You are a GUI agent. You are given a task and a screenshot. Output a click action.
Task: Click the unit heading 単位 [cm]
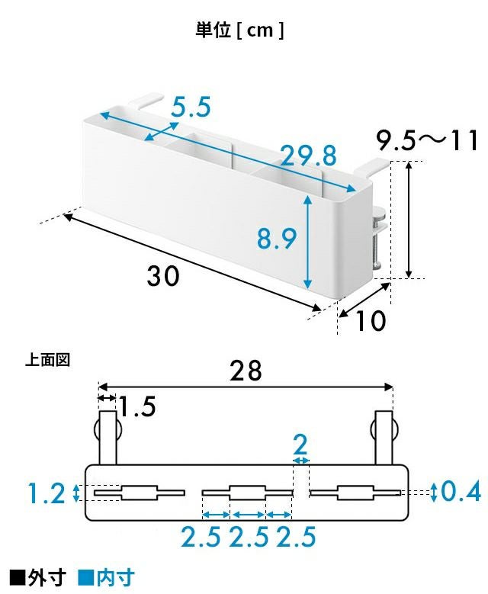click(x=239, y=30)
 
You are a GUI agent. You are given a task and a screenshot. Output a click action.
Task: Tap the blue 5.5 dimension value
click(x=191, y=107)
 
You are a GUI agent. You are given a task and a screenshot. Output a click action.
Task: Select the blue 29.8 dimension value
click(x=308, y=156)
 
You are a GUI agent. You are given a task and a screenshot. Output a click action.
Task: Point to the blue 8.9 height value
click(x=277, y=239)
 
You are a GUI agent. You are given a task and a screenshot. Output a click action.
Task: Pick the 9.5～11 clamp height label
click(x=427, y=140)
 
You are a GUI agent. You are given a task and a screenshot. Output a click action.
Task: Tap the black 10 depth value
click(x=370, y=321)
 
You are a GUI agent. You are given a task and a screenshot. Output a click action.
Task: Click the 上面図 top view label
click(x=48, y=359)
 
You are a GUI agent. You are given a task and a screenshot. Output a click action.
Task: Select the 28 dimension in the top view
click(x=246, y=371)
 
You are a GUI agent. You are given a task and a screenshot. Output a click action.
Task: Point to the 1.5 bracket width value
click(x=137, y=406)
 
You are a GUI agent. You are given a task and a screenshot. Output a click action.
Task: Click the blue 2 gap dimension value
click(x=300, y=445)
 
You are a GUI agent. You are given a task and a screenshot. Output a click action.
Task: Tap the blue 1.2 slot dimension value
click(x=47, y=493)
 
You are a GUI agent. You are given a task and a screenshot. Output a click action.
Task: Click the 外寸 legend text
click(x=47, y=577)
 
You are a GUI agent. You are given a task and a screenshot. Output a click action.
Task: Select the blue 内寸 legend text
click(x=116, y=577)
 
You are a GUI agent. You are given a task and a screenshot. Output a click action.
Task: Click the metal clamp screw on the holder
click(x=377, y=242)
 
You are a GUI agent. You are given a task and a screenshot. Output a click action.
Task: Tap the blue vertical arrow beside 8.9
click(x=307, y=241)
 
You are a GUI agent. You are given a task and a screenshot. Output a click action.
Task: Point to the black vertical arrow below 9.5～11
click(x=409, y=220)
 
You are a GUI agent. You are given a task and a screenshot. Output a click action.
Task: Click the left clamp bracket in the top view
click(x=108, y=437)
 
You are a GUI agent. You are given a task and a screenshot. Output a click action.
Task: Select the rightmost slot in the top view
click(x=355, y=493)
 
